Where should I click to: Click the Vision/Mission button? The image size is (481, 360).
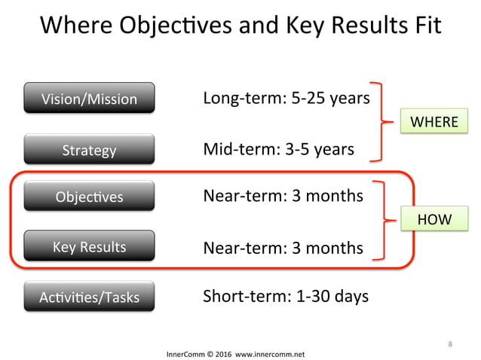pos(89,99)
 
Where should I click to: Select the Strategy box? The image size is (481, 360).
pos(89,150)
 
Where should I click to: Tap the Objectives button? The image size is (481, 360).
pos(89,197)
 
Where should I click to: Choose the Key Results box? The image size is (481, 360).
pos(89,247)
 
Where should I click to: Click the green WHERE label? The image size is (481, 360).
pos(434,122)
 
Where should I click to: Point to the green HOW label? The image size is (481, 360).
pos(434,219)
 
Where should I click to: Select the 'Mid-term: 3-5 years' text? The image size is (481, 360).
pos(278,149)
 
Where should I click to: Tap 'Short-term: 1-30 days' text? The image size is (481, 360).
pos(286,296)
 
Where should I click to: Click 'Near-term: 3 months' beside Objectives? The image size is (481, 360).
pos(283,197)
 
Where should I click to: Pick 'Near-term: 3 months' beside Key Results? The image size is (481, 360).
pos(283,248)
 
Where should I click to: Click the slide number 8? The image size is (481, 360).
pos(450,344)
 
